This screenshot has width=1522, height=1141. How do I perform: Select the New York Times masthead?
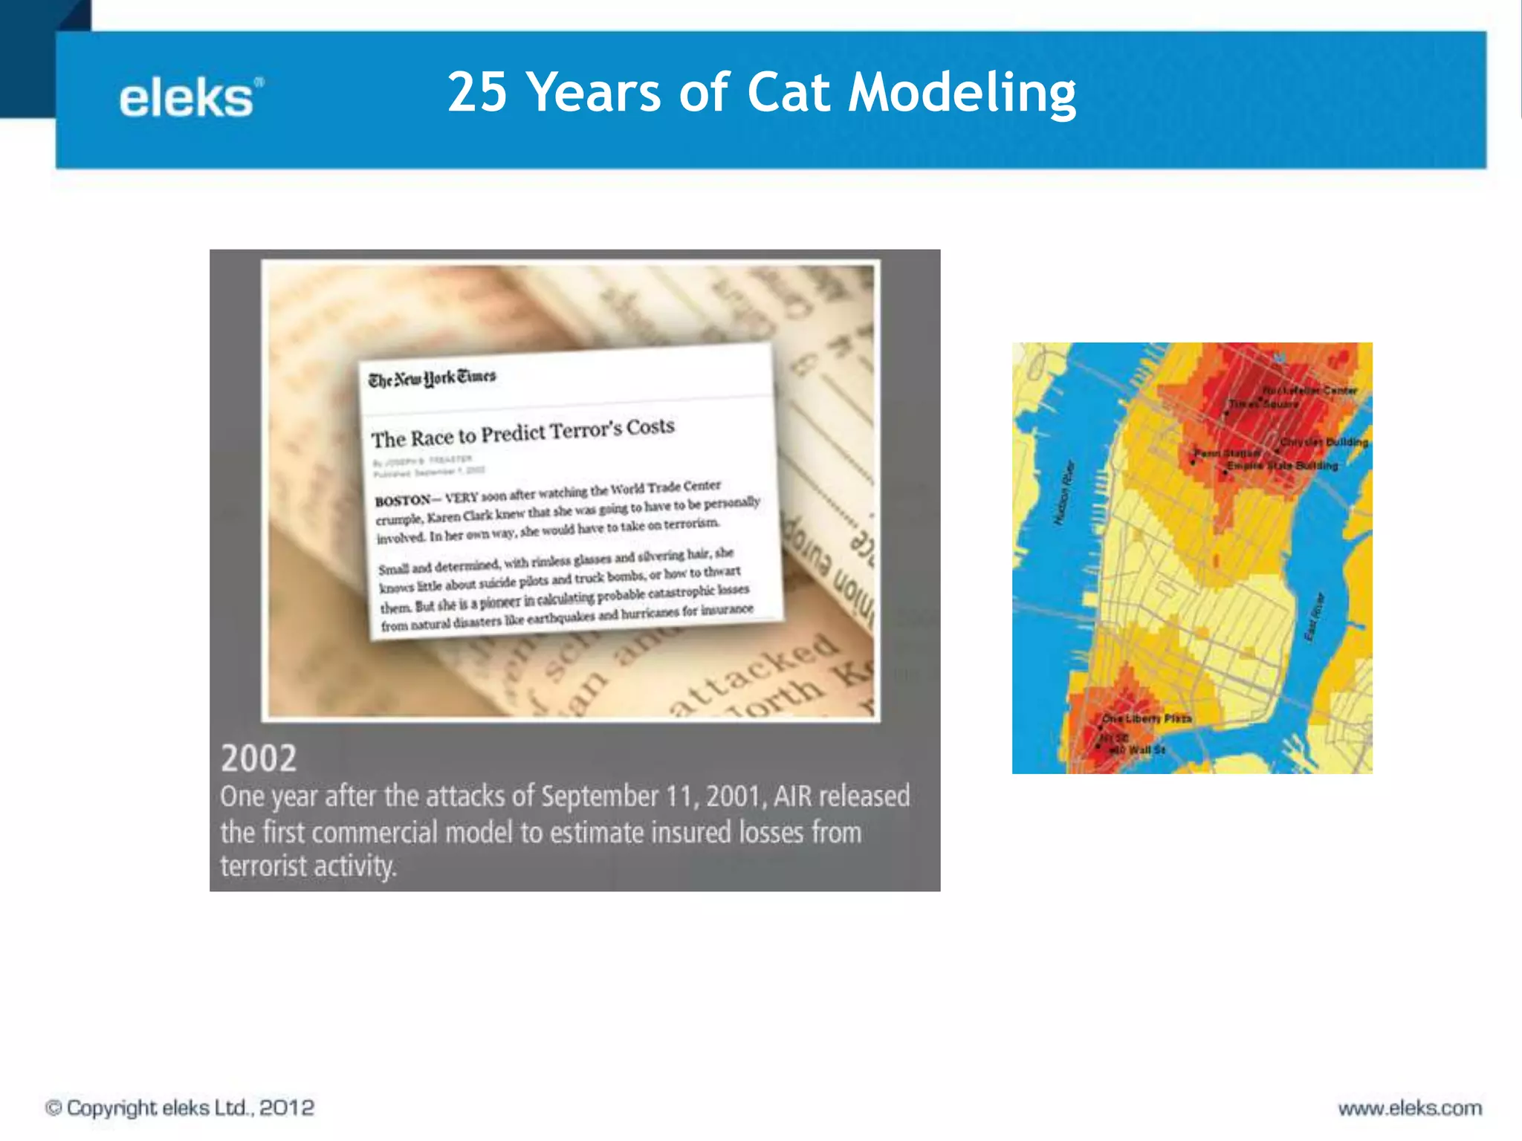point(432,378)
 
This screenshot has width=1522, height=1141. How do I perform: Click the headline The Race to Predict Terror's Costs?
point(523,432)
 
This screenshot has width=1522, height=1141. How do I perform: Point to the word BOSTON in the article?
point(402,501)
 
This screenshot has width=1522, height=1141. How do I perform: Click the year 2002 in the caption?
point(259,758)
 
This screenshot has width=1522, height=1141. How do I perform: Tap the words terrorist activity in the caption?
point(308,866)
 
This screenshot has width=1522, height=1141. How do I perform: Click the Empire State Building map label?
point(1282,466)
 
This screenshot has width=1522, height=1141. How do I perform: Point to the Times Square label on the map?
point(1263,404)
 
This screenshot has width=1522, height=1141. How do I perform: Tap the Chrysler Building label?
point(1324,442)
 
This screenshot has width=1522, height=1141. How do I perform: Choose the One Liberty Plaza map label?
point(1147,718)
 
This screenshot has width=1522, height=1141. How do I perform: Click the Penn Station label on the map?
point(1227,452)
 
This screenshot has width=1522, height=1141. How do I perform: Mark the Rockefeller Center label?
point(1309,390)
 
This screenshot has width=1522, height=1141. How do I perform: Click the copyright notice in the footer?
point(180,1108)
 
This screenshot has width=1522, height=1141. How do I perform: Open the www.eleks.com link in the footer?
point(1410,1108)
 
